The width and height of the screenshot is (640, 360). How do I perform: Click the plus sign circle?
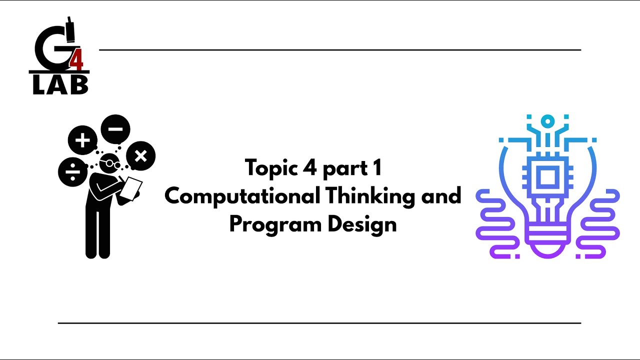[82, 140]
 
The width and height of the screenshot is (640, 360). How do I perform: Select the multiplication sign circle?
[140, 156]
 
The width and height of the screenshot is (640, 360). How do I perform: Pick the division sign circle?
[72, 171]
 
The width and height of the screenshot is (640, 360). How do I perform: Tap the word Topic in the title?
[270, 168]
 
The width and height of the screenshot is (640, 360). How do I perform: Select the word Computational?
[242, 196]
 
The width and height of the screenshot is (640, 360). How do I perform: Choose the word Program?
[275, 224]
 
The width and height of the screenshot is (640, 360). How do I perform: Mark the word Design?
[362, 224]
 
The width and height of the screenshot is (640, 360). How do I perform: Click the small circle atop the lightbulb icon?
[547, 121]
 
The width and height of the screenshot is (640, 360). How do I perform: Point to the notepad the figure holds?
[131, 188]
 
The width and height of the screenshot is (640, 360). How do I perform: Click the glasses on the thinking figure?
[112, 163]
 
